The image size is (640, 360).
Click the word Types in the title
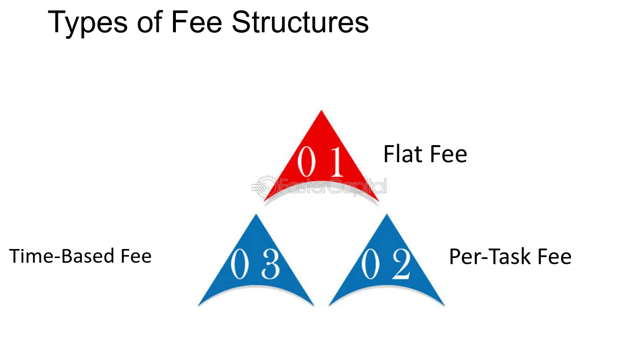click(x=87, y=23)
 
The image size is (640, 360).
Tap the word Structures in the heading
click(x=300, y=22)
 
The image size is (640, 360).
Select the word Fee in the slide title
click(x=196, y=22)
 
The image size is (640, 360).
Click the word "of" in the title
click(x=149, y=22)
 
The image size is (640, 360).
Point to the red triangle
click(x=321, y=160)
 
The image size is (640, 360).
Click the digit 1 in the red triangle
click(x=337, y=161)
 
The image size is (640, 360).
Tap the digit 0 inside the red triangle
click(x=306, y=161)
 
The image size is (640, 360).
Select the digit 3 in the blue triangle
click(x=271, y=264)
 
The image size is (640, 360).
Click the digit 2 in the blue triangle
click(x=402, y=264)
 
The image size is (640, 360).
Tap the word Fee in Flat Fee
click(x=448, y=155)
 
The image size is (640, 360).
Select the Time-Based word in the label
click(x=62, y=256)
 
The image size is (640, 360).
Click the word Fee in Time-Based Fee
click(x=136, y=256)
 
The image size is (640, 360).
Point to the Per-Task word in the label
click(x=490, y=257)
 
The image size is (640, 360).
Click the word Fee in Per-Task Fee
click(x=554, y=257)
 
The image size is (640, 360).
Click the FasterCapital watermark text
click(x=333, y=187)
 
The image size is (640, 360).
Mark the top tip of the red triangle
click(x=321, y=111)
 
